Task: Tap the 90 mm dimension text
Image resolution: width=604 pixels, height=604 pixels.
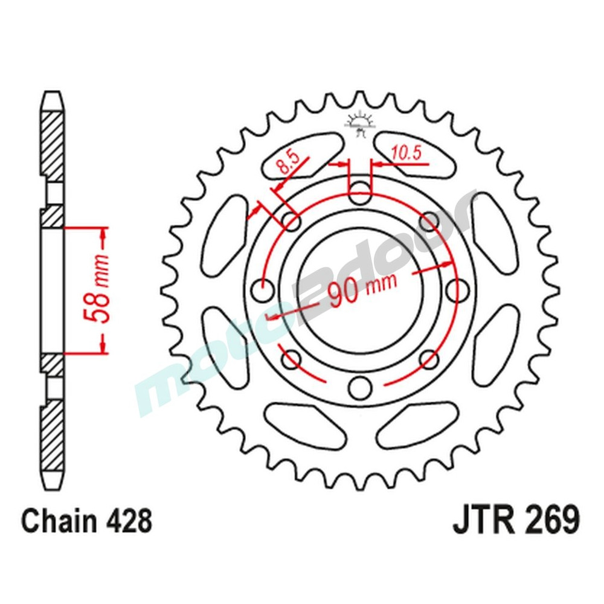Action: pyautogui.click(x=361, y=289)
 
